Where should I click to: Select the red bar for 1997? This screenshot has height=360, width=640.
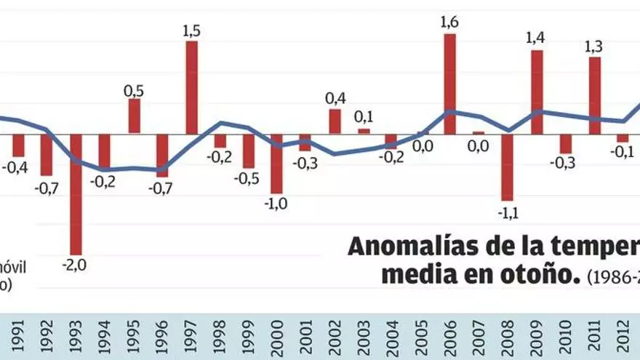[192, 87]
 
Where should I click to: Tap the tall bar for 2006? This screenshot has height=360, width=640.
[450, 84]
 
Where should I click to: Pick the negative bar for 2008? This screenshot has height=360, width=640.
[507, 167]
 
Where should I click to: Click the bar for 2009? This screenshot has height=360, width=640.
[537, 92]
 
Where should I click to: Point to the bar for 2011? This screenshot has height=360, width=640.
[595, 95]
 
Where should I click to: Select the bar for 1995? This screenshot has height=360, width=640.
[134, 116]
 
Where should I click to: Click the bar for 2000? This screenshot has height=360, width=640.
[277, 164]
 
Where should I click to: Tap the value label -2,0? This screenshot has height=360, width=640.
[75, 265]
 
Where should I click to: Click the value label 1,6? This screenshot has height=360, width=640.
[450, 22]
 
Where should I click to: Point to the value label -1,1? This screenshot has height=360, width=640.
[507, 213]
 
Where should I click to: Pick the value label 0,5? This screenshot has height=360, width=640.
[134, 90]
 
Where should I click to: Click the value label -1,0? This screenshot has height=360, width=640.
[277, 204]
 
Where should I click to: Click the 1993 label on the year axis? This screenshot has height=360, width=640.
[76, 337]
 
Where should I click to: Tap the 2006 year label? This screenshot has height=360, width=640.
[450, 337]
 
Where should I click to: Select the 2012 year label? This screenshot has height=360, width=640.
[623, 337]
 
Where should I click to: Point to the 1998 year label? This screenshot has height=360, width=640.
[220, 337]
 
